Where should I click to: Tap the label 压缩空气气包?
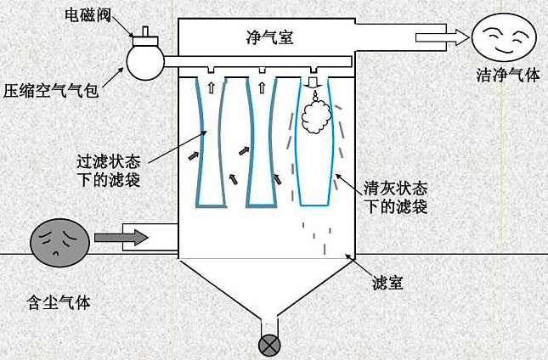51,88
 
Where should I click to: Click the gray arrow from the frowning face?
120,237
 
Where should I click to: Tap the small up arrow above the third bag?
262,86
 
